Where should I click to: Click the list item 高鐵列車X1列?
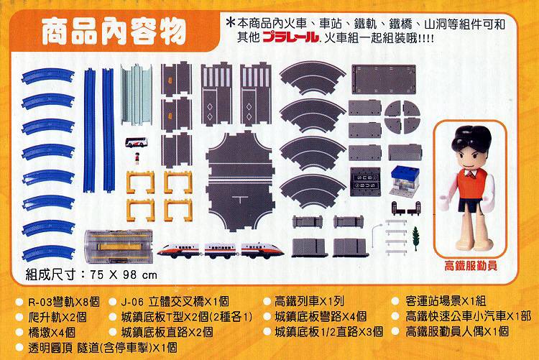(310, 302)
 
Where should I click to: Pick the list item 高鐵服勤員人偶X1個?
(457, 332)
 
